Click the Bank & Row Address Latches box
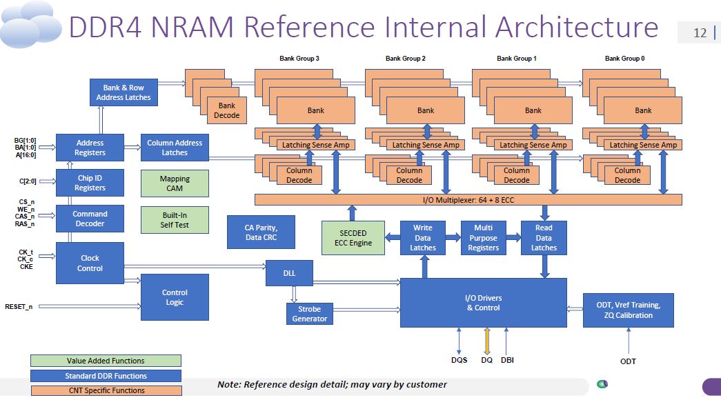coord(124,92)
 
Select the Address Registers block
coord(90,148)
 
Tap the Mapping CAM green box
coord(175,183)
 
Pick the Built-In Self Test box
coord(175,220)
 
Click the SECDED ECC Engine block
coord(353,238)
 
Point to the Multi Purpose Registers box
coord(483,238)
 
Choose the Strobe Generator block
coord(310,314)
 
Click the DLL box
coord(289,273)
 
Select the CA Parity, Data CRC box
coord(261,232)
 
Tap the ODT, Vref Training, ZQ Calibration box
coord(628,310)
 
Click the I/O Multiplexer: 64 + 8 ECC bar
coord(468,199)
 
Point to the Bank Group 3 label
coord(299,59)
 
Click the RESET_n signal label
coord(19,307)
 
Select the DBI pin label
coord(507,360)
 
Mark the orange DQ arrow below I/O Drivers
coord(487,341)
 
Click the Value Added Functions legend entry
coord(106,361)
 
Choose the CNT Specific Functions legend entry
coord(107,390)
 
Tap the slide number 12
coord(700,32)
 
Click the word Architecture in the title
coord(577,27)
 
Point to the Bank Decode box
coord(227,110)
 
